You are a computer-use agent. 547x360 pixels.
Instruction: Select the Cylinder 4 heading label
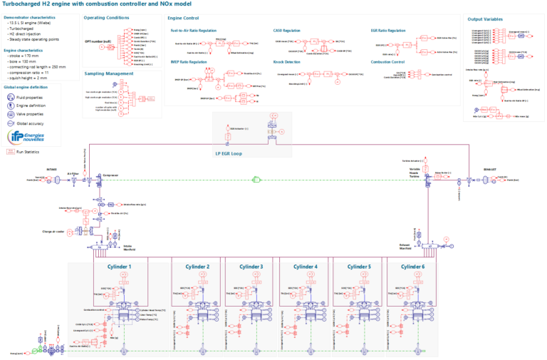(306, 267)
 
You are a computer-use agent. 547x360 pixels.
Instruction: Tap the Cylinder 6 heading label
(412, 267)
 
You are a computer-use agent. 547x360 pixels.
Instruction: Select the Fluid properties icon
(11, 96)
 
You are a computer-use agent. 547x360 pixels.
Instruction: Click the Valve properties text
(31, 113)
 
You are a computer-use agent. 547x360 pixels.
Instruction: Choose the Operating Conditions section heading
(106, 17)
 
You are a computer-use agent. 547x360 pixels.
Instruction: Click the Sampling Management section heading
(108, 73)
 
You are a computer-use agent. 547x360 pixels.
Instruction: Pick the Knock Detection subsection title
(288, 62)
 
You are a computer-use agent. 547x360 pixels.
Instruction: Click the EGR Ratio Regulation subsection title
(388, 31)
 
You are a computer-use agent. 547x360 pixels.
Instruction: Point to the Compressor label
(110, 173)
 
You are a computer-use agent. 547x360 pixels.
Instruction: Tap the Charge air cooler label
(54, 231)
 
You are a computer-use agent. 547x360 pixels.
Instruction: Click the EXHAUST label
(489, 170)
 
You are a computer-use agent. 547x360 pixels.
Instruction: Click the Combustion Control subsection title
(389, 62)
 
